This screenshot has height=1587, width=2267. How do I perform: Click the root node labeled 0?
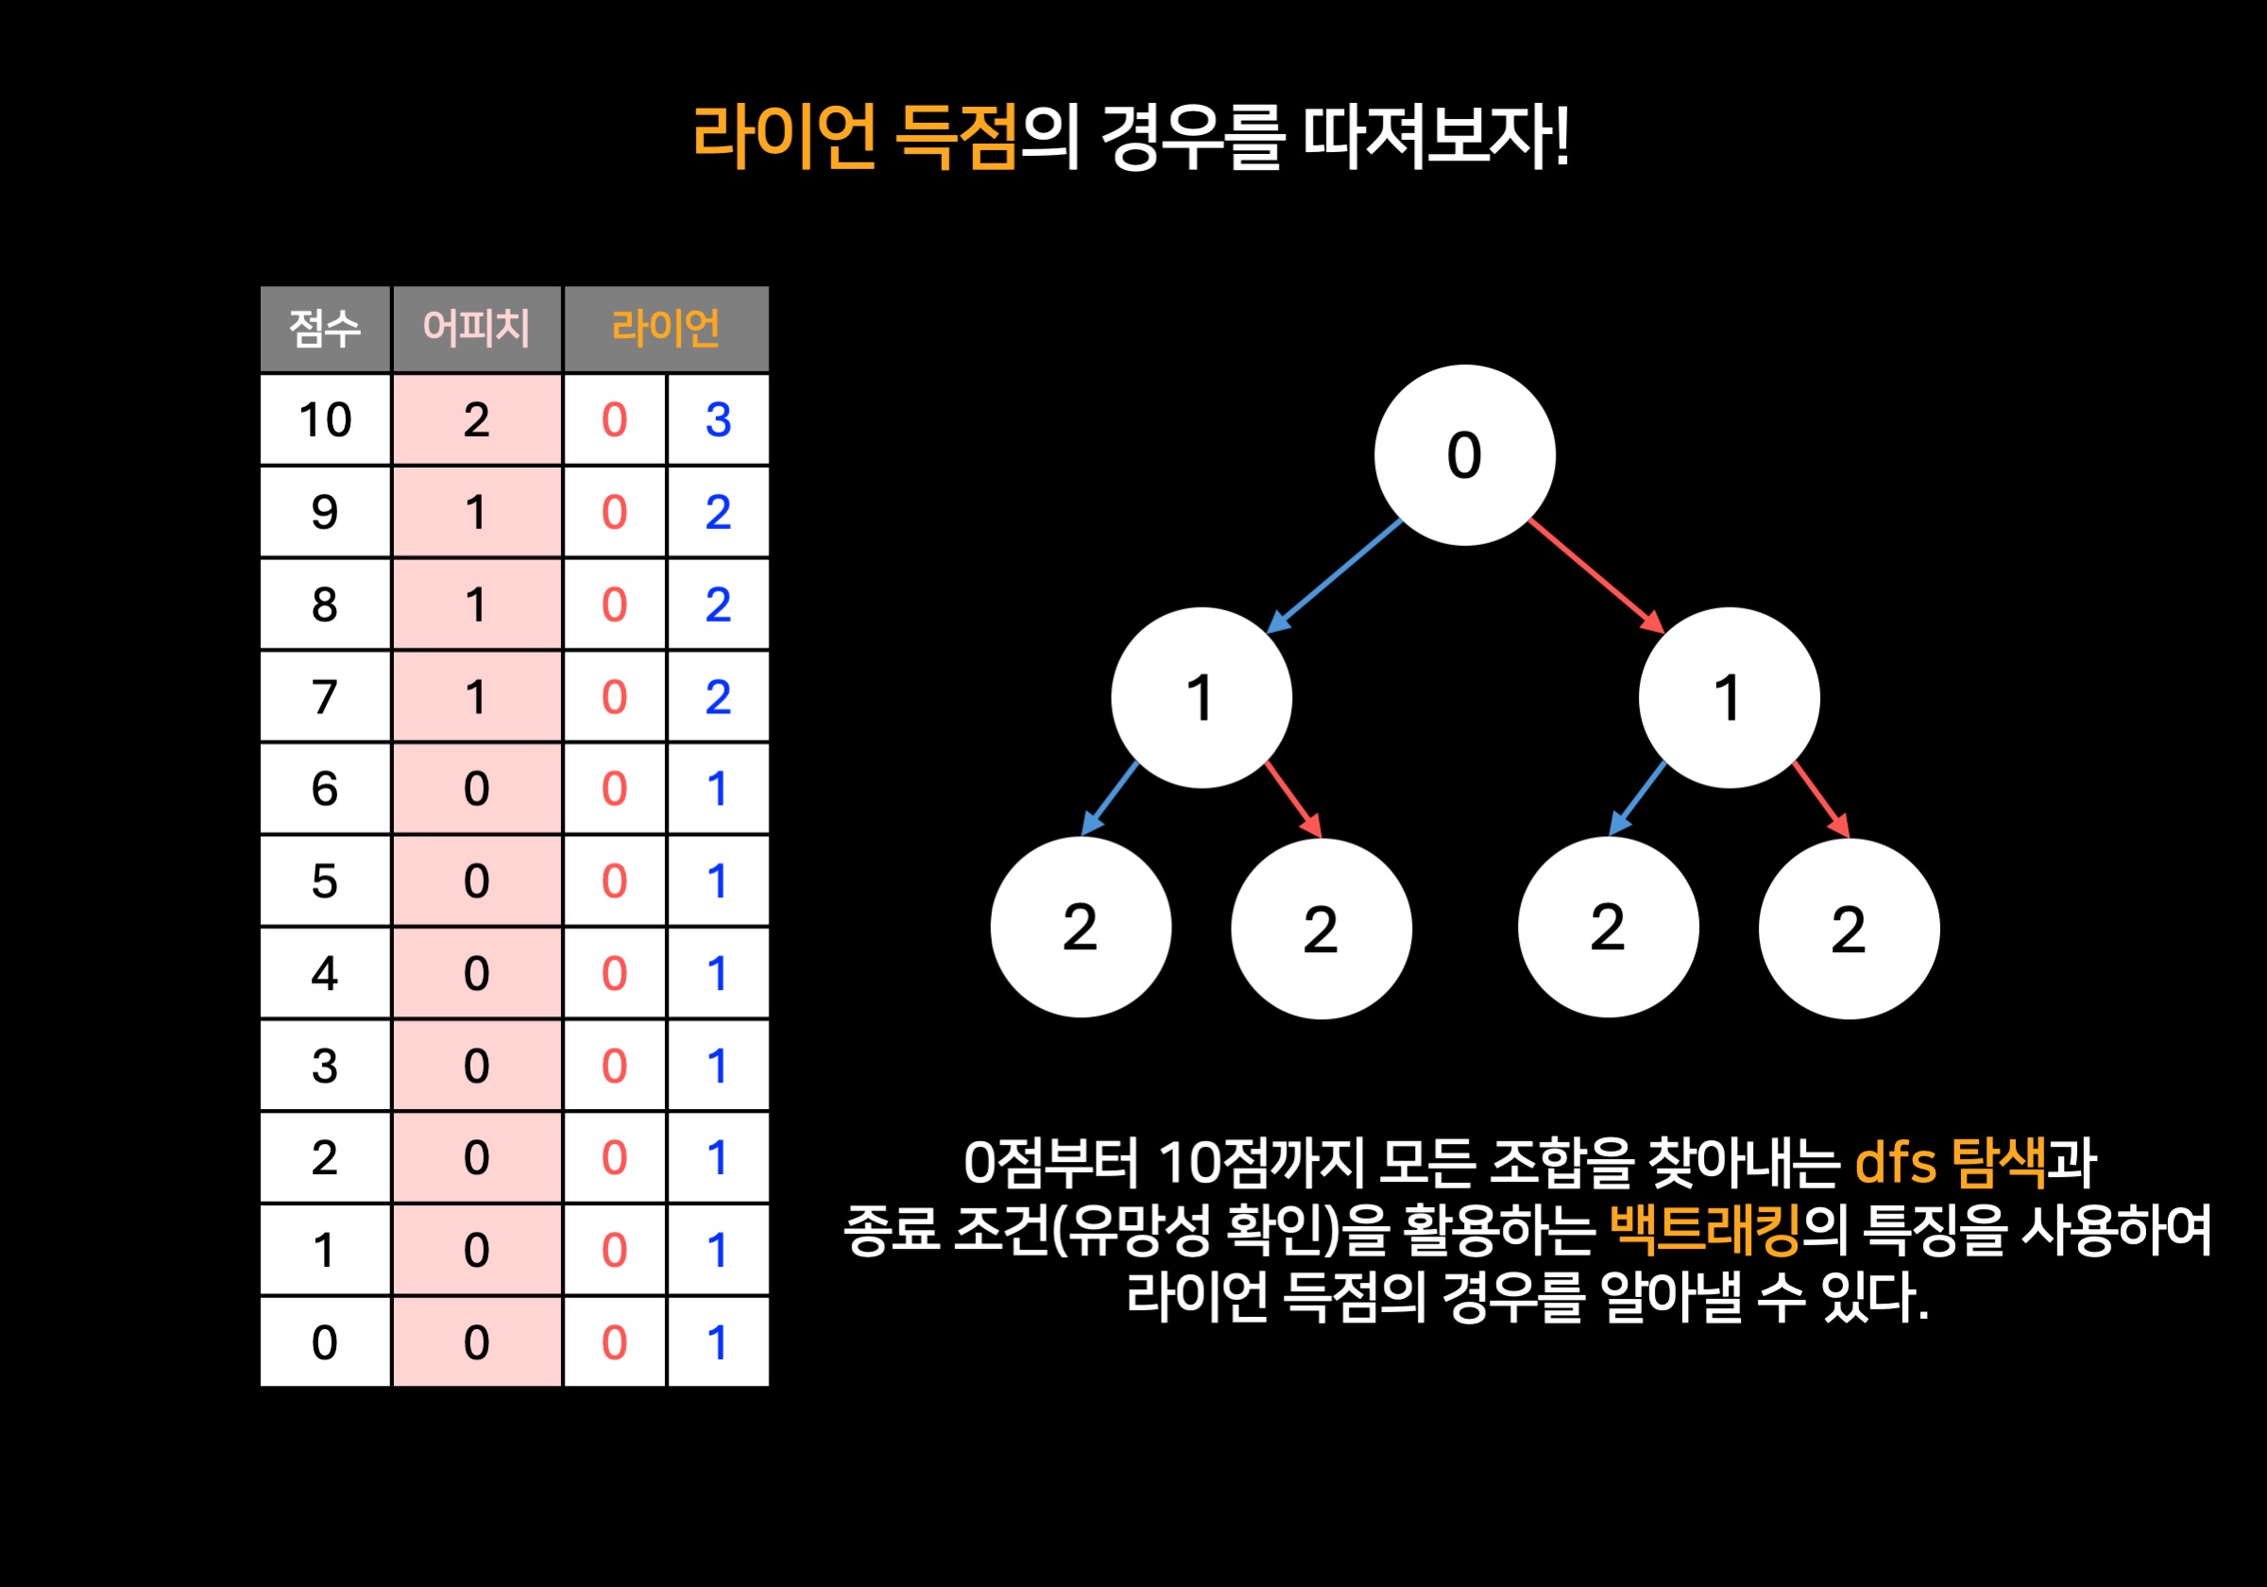[x=1464, y=455]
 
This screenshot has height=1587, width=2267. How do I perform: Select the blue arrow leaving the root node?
[x=1334, y=575]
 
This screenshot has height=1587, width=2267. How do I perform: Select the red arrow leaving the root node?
[x=1596, y=575]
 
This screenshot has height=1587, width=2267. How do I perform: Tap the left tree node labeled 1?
[x=1201, y=697]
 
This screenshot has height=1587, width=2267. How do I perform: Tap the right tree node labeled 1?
[x=1728, y=697]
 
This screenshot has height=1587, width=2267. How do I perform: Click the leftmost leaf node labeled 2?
[x=1081, y=928]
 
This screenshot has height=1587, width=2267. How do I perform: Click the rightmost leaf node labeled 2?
[x=1849, y=929]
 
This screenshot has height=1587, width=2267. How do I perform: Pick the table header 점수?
[x=325, y=329]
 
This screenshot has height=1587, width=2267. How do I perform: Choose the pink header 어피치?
[x=477, y=329]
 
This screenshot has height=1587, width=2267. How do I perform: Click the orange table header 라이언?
[x=666, y=329]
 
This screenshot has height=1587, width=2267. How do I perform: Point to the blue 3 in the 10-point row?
[x=718, y=420]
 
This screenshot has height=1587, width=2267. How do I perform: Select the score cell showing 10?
[x=325, y=420]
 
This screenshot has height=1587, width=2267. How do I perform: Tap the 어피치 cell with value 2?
[x=477, y=420]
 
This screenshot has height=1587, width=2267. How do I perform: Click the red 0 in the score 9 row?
[x=614, y=513]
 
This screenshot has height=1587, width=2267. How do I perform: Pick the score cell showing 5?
[x=325, y=881]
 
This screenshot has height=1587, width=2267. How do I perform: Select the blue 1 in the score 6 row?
[x=718, y=789]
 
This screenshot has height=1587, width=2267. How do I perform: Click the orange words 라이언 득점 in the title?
[x=854, y=137]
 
